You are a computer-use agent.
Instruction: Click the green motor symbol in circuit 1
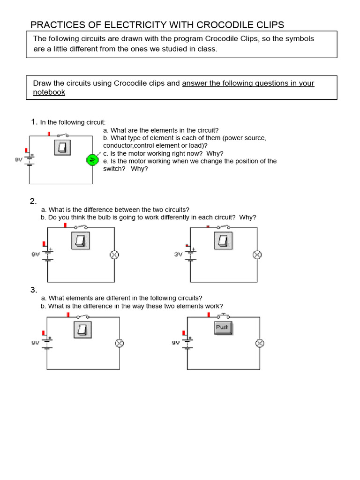(92, 160)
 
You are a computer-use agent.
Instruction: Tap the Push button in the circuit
(222, 328)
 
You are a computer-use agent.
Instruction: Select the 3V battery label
(178, 255)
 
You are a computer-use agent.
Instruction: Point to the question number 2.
(33, 202)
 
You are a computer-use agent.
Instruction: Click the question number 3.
(33, 290)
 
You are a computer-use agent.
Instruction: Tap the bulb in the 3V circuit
(257, 255)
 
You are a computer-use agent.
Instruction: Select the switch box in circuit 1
(62, 148)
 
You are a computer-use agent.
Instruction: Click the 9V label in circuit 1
(19, 159)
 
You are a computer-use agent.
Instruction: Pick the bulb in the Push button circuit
(259, 343)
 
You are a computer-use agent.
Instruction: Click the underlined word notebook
(49, 92)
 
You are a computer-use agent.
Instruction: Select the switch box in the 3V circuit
(223, 241)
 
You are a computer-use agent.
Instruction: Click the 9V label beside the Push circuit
(176, 343)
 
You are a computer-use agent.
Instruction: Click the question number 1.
(34, 122)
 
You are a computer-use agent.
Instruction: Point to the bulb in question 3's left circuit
(119, 343)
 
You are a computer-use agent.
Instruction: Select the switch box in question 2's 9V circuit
(80, 241)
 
